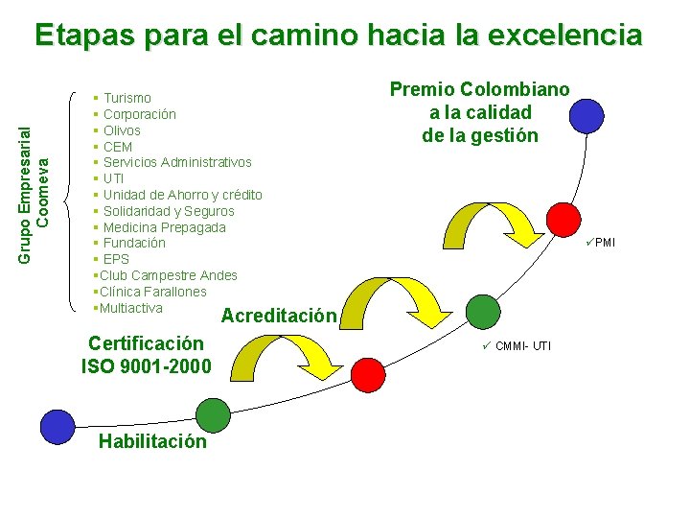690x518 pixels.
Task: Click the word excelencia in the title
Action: coord(564,35)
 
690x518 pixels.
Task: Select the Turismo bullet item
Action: coord(126,98)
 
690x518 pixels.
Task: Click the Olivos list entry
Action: coord(122,130)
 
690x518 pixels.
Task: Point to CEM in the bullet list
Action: coord(118,147)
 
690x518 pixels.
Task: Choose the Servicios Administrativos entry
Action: coord(177,163)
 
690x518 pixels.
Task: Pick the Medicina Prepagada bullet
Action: coord(164,227)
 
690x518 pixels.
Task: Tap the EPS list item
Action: coord(116,260)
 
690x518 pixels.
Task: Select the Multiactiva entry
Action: coord(130,308)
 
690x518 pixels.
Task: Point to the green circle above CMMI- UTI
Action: coord(483,311)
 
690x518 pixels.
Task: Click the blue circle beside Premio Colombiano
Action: coord(586,115)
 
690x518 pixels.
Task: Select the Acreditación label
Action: coord(279,317)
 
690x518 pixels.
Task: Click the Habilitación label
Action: coord(152,442)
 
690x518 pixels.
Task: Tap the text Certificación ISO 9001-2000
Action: coord(146,354)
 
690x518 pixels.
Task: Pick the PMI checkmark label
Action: coord(601,243)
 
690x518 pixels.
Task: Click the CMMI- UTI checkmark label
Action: coord(517,345)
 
